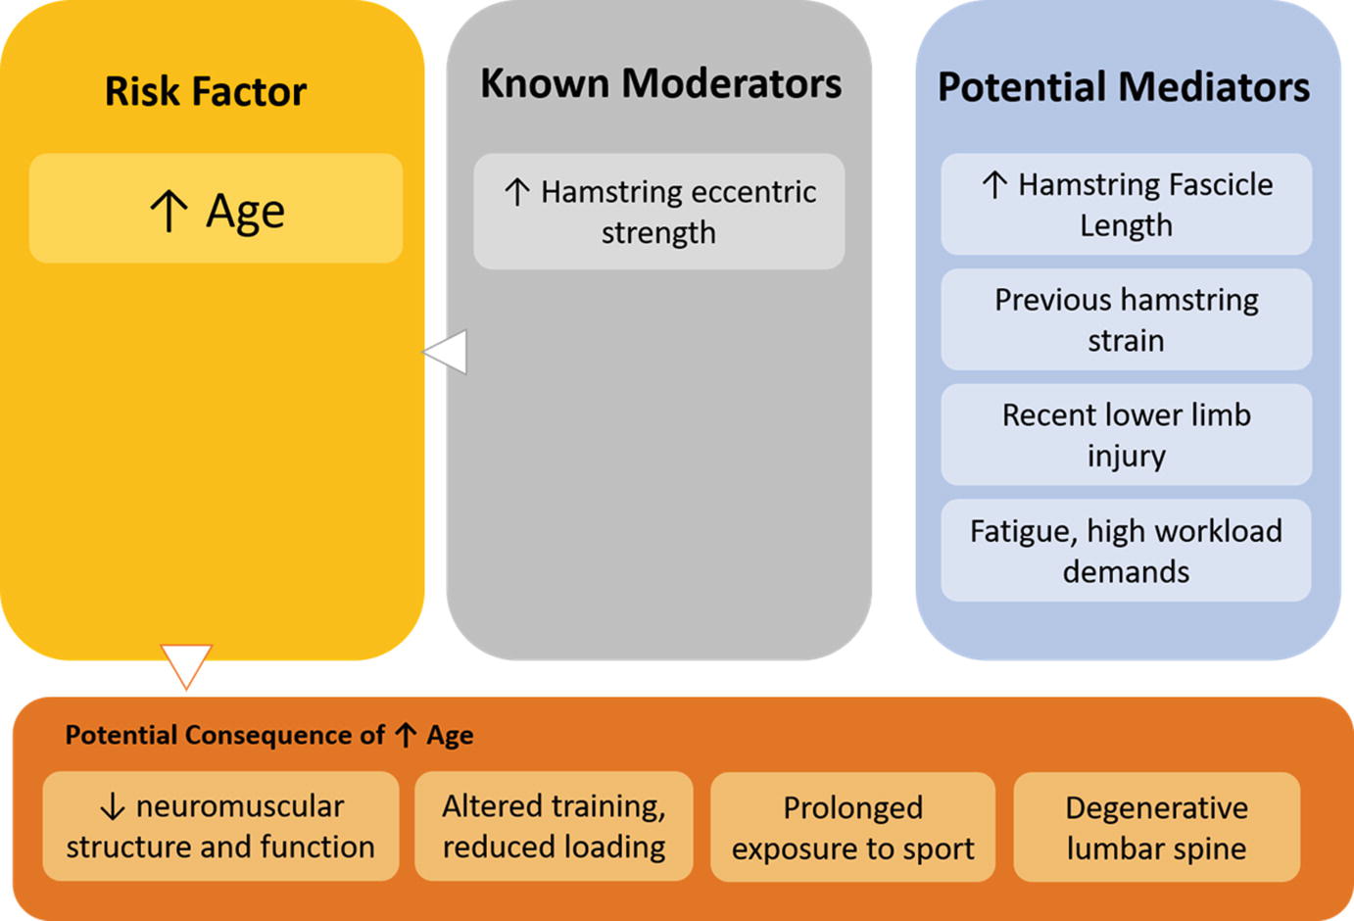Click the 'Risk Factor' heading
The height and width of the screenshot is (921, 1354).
coord(206,91)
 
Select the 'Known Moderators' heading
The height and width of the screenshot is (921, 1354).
coord(660,83)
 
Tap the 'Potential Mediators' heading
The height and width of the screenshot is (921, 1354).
coord(1124,87)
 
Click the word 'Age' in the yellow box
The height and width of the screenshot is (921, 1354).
coord(245,212)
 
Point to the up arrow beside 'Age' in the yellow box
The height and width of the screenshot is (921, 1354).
coord(169,211)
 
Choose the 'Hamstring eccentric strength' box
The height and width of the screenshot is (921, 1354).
coord(658,211)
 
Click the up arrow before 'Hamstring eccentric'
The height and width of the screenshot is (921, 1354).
coord(517,192)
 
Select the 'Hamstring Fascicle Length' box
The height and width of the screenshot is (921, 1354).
coord(1126,204)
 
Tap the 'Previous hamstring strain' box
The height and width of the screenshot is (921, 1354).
coord(1126,319)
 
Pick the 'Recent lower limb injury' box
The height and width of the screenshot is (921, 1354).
coord(1126,434)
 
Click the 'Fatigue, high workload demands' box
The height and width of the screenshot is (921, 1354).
coord(1126,550)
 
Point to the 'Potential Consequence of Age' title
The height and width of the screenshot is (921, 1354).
coord(269,735)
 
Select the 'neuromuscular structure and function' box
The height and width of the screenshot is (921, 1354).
coord(220,826)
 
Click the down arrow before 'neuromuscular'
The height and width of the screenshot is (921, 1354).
coord(113,806)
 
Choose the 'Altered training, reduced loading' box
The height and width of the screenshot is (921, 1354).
coord(554,826)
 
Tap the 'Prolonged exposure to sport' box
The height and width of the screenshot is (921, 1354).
coord(853,827)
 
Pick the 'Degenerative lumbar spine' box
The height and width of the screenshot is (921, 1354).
coord(1156,827)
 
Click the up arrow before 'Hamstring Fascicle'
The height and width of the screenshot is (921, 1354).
coord(994,184)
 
